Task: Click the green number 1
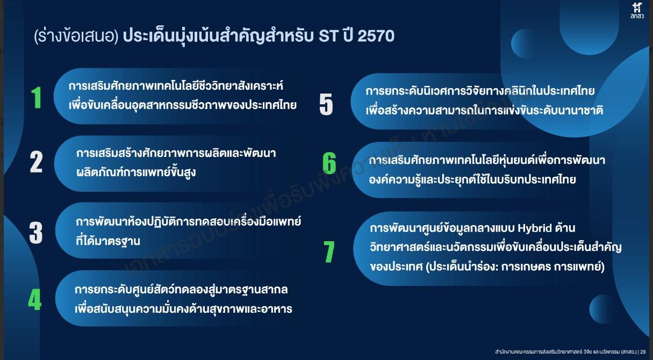[x=36, y=98]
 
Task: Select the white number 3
[x=36, y=232]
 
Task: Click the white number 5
[x=326, y=104]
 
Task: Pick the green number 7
[x=329, y=251]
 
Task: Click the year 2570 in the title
[x=375, y=36]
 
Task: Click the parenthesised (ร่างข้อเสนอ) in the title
[x=75, y=37]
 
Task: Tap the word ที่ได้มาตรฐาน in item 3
[x=108, y=241]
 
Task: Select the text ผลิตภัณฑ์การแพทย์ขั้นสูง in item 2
[x=135, y=172]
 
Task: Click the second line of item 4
[x=183, y=309]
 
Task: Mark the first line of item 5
[x=480, y=91]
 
